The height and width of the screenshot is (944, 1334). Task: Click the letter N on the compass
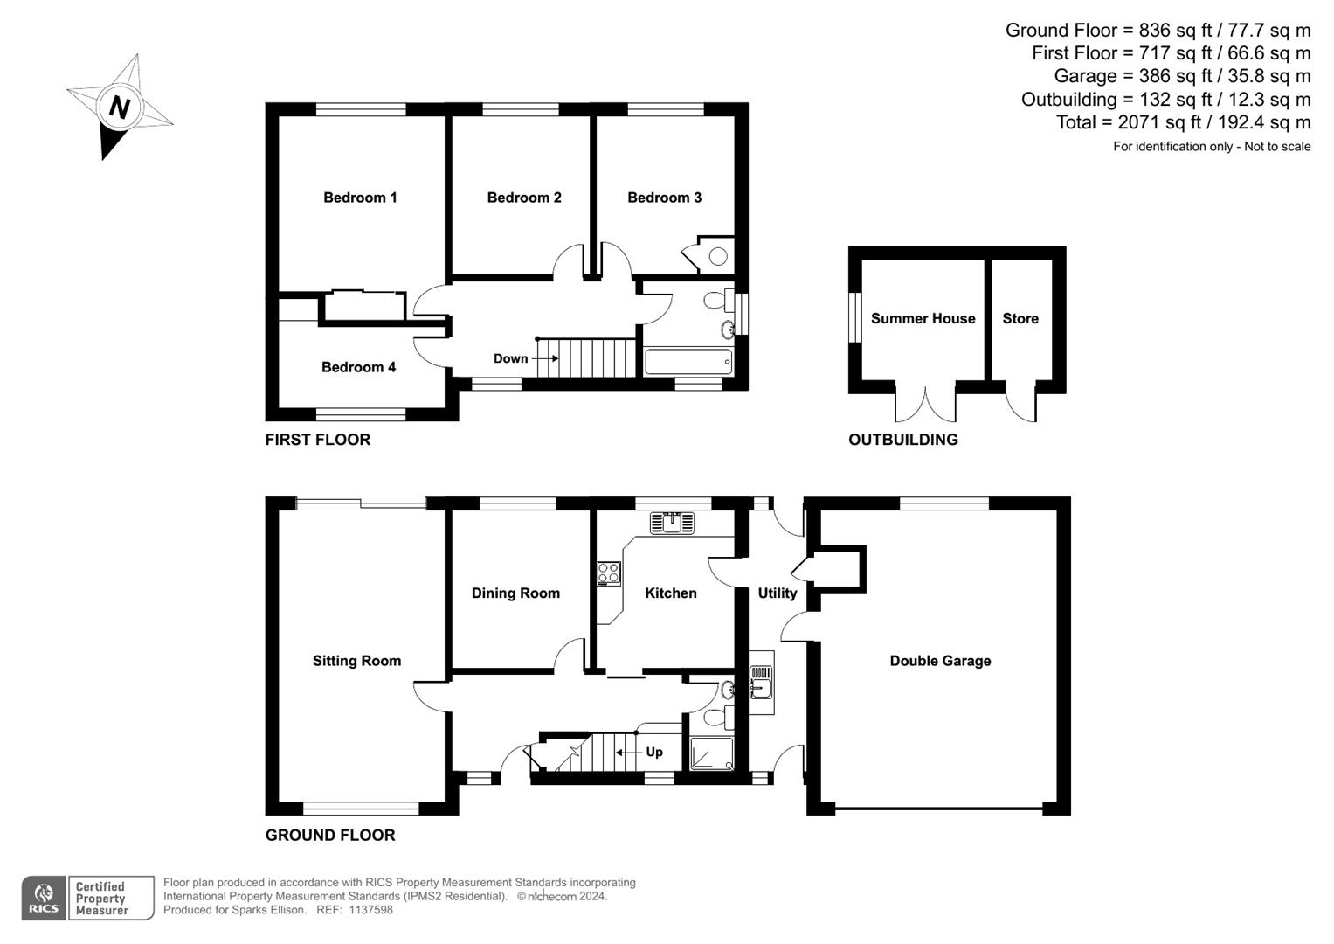120,108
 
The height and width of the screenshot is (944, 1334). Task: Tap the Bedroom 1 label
360,198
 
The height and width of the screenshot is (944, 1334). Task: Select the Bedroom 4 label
358,367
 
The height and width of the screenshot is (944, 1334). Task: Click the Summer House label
923,318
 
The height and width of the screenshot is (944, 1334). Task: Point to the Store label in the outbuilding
1020,318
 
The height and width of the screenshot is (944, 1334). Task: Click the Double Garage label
940,660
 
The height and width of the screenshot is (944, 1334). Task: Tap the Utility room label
778,593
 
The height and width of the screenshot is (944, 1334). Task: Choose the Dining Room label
515,593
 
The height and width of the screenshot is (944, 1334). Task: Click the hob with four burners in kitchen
609,573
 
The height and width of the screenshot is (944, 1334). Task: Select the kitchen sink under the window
673,523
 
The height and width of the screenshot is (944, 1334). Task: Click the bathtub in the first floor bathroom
688,362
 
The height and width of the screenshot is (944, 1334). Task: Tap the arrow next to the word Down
545,358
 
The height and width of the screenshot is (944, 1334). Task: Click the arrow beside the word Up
629,752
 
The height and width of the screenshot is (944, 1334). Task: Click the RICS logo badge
44,898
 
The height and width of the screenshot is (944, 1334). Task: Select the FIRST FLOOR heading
317,439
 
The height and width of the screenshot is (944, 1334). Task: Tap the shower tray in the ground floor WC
711,753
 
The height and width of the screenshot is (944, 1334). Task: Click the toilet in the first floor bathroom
719,300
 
